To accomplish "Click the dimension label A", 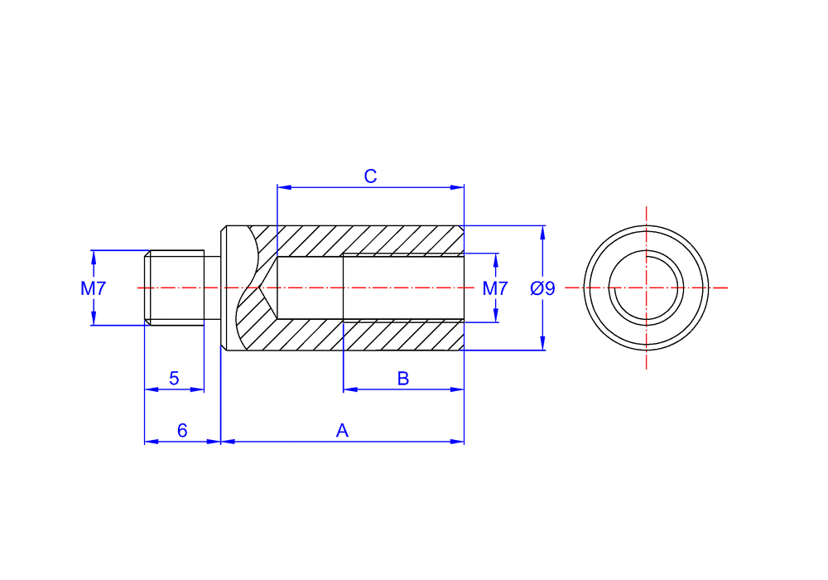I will pyautogui.click(x=342, y=431).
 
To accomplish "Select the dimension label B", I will pyautogui.click(x=403, y=379).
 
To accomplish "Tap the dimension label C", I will pyautogui.click(x=371, y=176).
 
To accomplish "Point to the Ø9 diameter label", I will pyautogui.click(x=542, y=288).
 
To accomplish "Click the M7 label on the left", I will pyautogui.click(x=94, y=288).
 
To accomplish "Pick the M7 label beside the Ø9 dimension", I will pyautogui.click(x=495, y=288).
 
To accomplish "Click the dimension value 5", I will pyautogui.click(x=174, y=379).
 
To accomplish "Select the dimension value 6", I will pyautogui.click(x=182, y=431).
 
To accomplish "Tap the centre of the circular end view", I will pyautogui.click(x=646, y=288).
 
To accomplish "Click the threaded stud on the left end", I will pyautogui.click(x=175, y=288).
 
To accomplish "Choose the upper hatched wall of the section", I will pyautogui.click(x=373, y=239).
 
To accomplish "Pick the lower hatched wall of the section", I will pyautogui.click(x=373, y=335).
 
